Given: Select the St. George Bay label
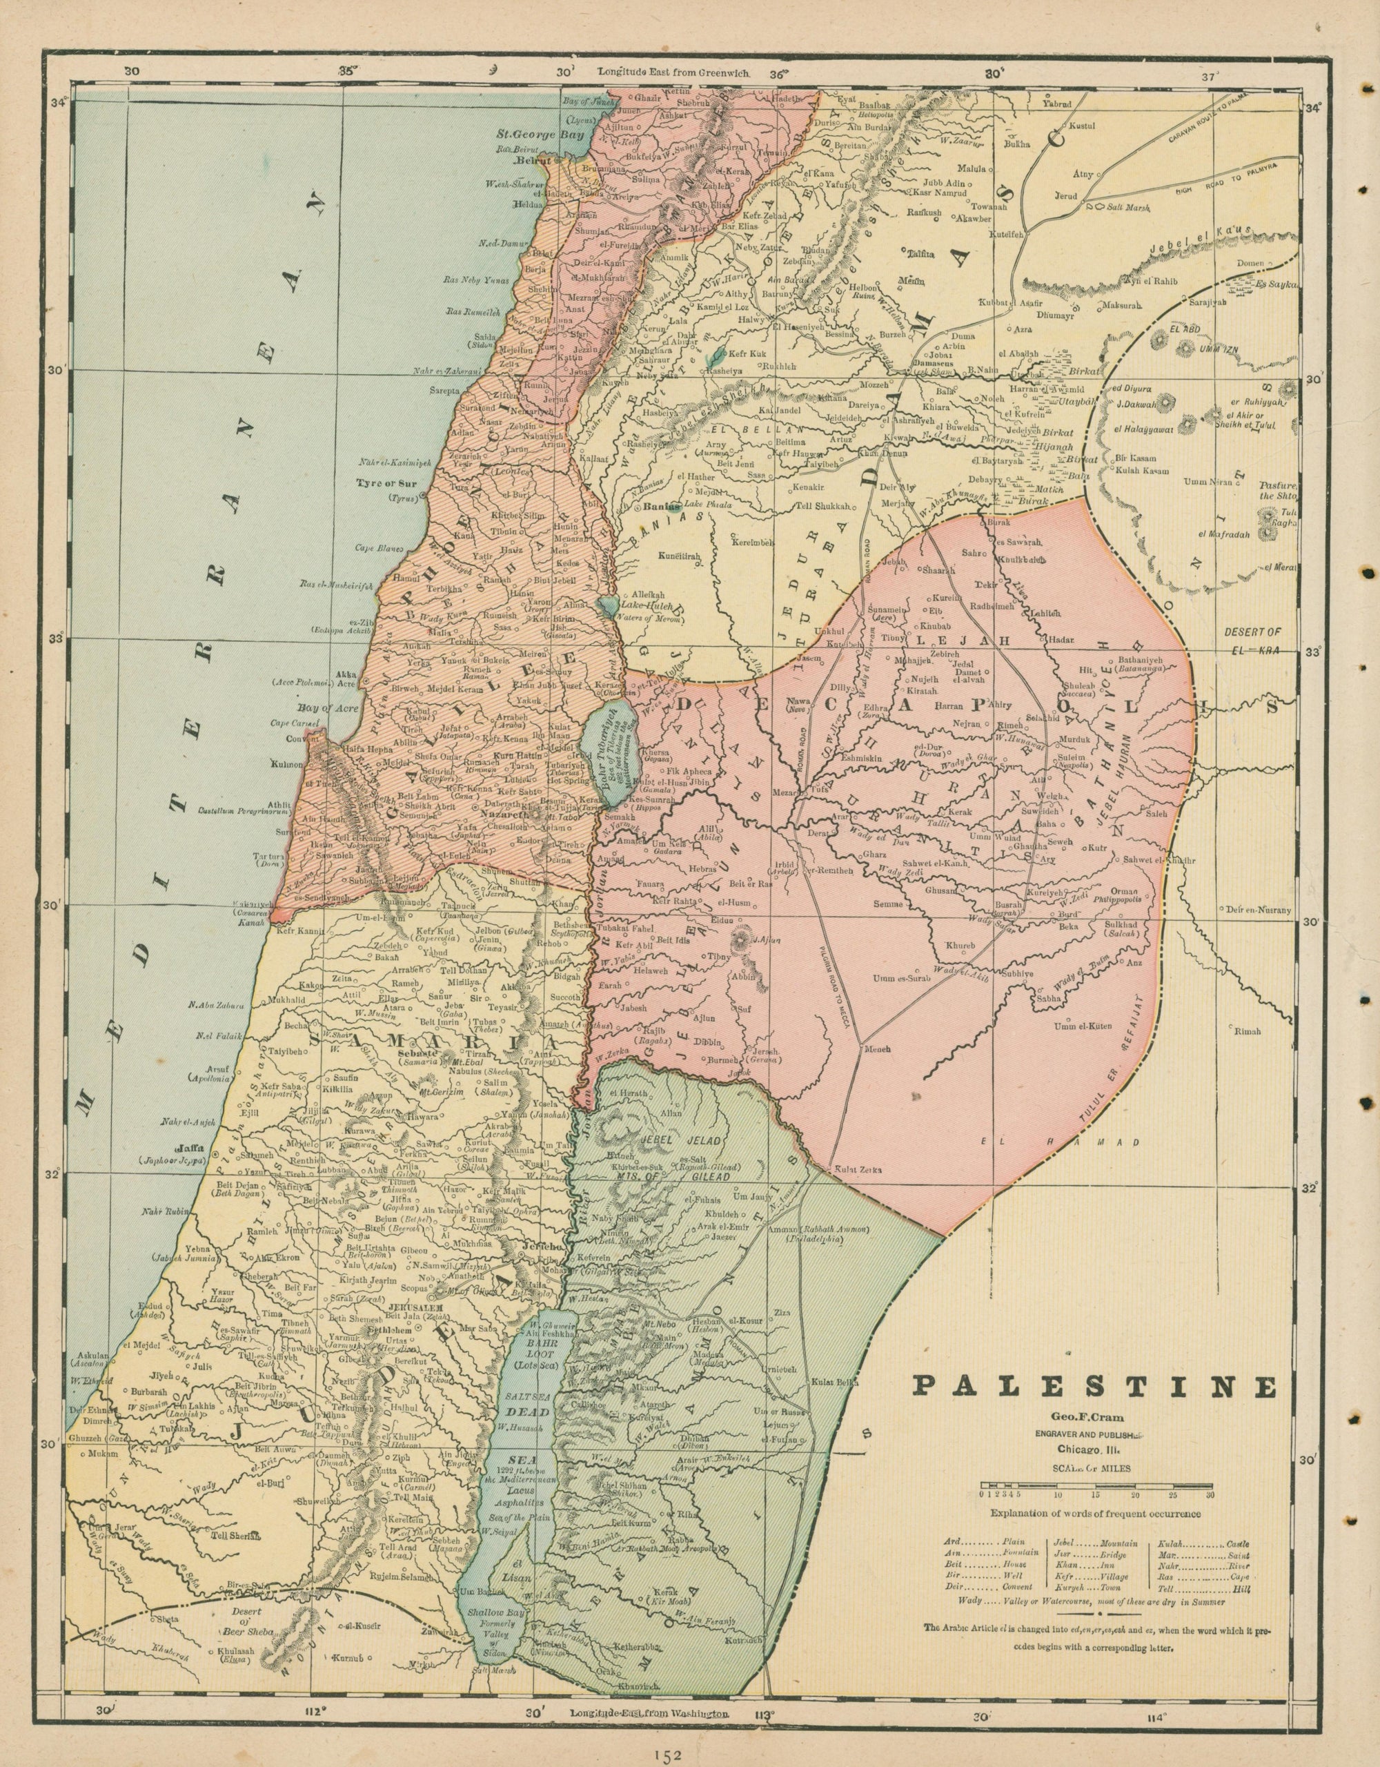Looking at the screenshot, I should [526, 135].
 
